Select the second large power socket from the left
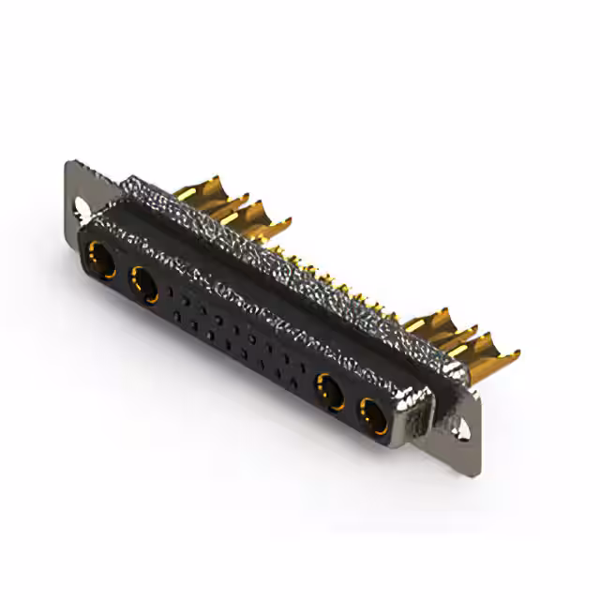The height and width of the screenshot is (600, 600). pos(144,283)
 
